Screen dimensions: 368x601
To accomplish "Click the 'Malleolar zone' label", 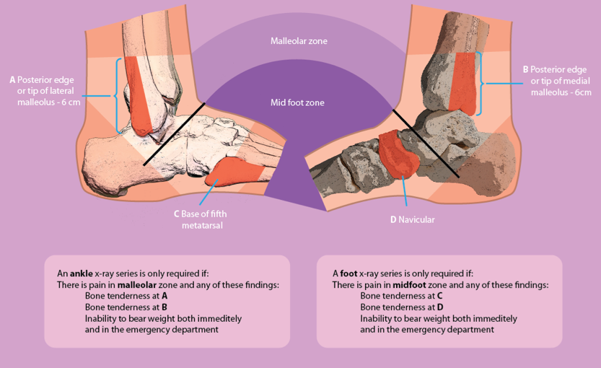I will pos(298,41).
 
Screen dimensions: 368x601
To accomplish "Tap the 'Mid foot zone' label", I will pos(297,102).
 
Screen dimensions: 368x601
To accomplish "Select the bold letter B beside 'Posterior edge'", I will pos(526,69).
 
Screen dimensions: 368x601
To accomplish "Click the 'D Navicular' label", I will pos(412,219).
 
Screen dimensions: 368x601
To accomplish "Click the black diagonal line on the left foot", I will pos(174,134).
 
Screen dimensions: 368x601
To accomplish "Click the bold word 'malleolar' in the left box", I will pos(138,285).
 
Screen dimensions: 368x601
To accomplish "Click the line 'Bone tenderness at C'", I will pos(401,296).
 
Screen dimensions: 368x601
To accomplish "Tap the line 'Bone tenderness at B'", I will pos(126,307).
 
